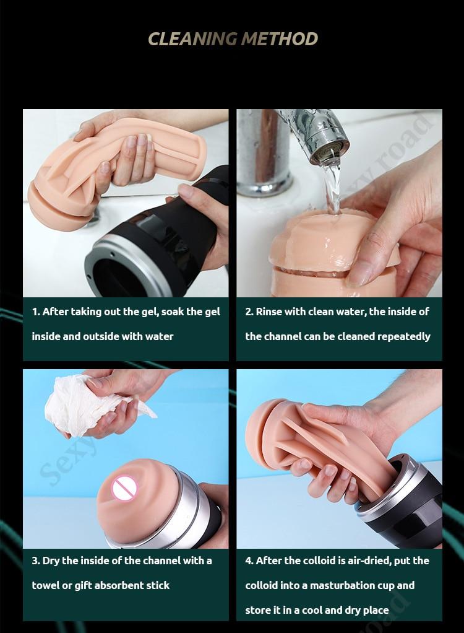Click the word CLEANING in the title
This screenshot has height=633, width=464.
point(192,39)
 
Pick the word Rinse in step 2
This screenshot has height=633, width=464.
point(269,312)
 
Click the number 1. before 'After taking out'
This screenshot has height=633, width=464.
point(35,312)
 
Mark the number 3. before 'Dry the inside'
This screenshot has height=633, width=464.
point(36,561)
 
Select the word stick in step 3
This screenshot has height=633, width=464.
point(158,585)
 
